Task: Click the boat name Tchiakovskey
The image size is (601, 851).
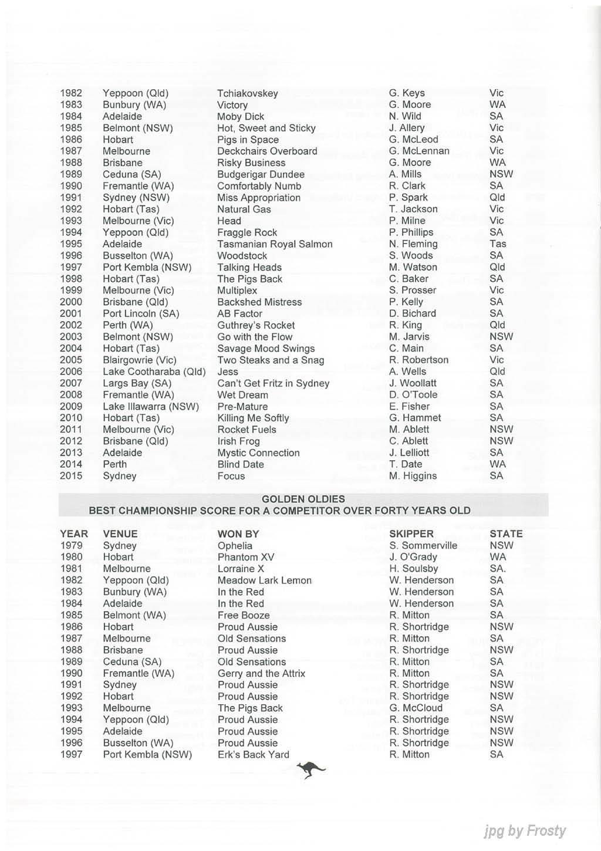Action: pyautogui.click(x=247, y=93)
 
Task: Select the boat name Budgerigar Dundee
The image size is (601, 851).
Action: pyautogui.click(x=261, y=174)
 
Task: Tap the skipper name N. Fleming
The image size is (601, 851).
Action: pyautogui.click(x=413, y=244)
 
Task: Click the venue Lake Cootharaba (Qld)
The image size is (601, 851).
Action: pyautogui.click(x=154, y=372)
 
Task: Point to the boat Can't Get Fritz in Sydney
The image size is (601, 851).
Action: pyautogui.click(x=273, y=383)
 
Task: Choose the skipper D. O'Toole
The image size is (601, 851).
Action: pyautogui.click(x=413, y=395)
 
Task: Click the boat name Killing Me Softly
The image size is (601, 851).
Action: pyautogui.click(x=253, y=418)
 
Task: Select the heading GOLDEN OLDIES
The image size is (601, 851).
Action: pyautogui.click(x=303, y=499)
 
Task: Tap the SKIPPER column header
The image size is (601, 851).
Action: pyautogui.click(x=411, y=534)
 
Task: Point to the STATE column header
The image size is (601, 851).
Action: pyautogui.click(x=506, y=534)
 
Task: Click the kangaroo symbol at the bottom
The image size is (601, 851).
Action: pyautogui.click(x=310, y=769)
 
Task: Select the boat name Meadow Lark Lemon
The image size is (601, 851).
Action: pyautogui.click(x=264, y=580)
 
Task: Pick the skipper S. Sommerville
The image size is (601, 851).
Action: pyautogui.click(x=423, y=546)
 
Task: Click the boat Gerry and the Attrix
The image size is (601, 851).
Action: pyautogui.click(x=261, y=674)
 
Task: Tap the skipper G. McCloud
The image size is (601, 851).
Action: pyautogui.click(x=416, y=708)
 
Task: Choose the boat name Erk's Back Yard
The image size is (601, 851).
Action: pyautogui.click(x=253, y=755)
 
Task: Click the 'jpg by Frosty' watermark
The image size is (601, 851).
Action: pyautogui.click(x=525, y=831)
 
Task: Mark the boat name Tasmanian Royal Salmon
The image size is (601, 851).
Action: pyautogui.click(x=275, y=244)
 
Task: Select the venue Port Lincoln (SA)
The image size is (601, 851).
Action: pyautogui.click(x=141, y=313)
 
